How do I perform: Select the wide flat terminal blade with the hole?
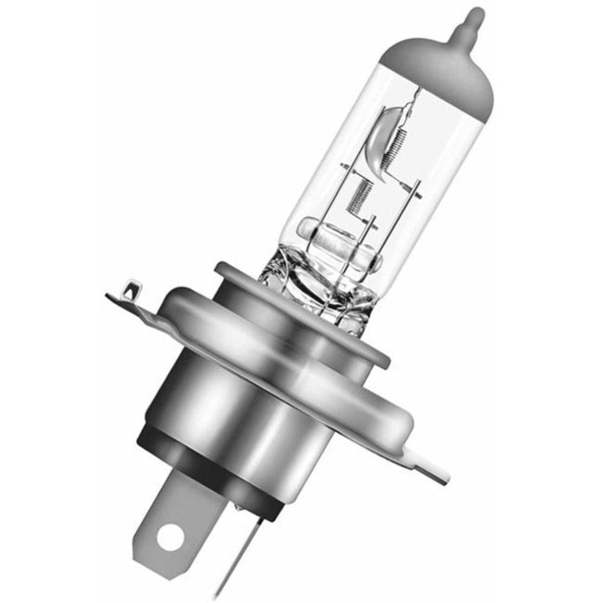(x=171, y=523)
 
